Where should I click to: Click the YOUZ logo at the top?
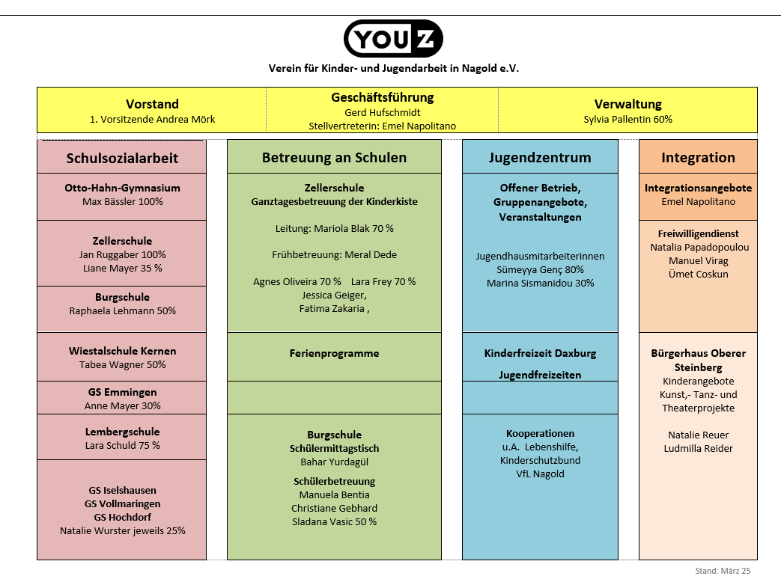[393, 39]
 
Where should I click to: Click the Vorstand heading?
[152, 104]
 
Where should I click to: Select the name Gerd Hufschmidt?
[382, 112]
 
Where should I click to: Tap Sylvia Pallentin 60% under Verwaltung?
[627, 119]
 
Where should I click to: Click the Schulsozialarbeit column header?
[122, 158]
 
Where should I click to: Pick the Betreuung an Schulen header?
[334, 157]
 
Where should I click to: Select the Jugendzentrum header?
[540, 157]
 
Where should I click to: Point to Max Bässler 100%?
[122, 201]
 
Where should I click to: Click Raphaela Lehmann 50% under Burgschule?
[122, 310]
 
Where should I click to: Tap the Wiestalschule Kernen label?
[122, 351]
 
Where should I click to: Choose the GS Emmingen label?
[122, 392]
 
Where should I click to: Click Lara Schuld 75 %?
[122, 445]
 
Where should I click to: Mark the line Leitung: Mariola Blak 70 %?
[334, 228]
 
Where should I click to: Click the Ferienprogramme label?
[334, 353]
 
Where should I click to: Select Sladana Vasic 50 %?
[334, 521]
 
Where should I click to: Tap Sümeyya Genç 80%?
[540, 269]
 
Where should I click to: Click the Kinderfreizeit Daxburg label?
[540, 353]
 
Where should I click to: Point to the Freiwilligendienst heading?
[698, 233]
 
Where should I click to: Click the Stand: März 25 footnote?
[722, 571]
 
